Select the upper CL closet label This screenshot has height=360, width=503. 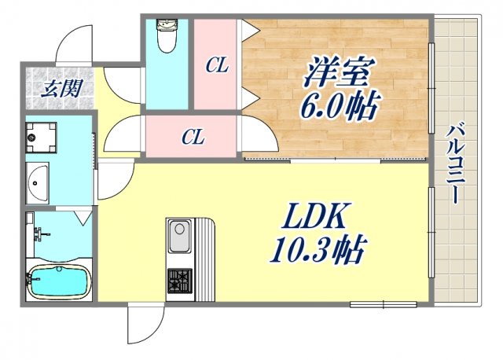(x=217, y=66)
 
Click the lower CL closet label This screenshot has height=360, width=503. (x=193, y=137)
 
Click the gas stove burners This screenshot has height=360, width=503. (x=178, y=280)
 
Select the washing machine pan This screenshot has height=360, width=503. (x=40, y=138)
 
